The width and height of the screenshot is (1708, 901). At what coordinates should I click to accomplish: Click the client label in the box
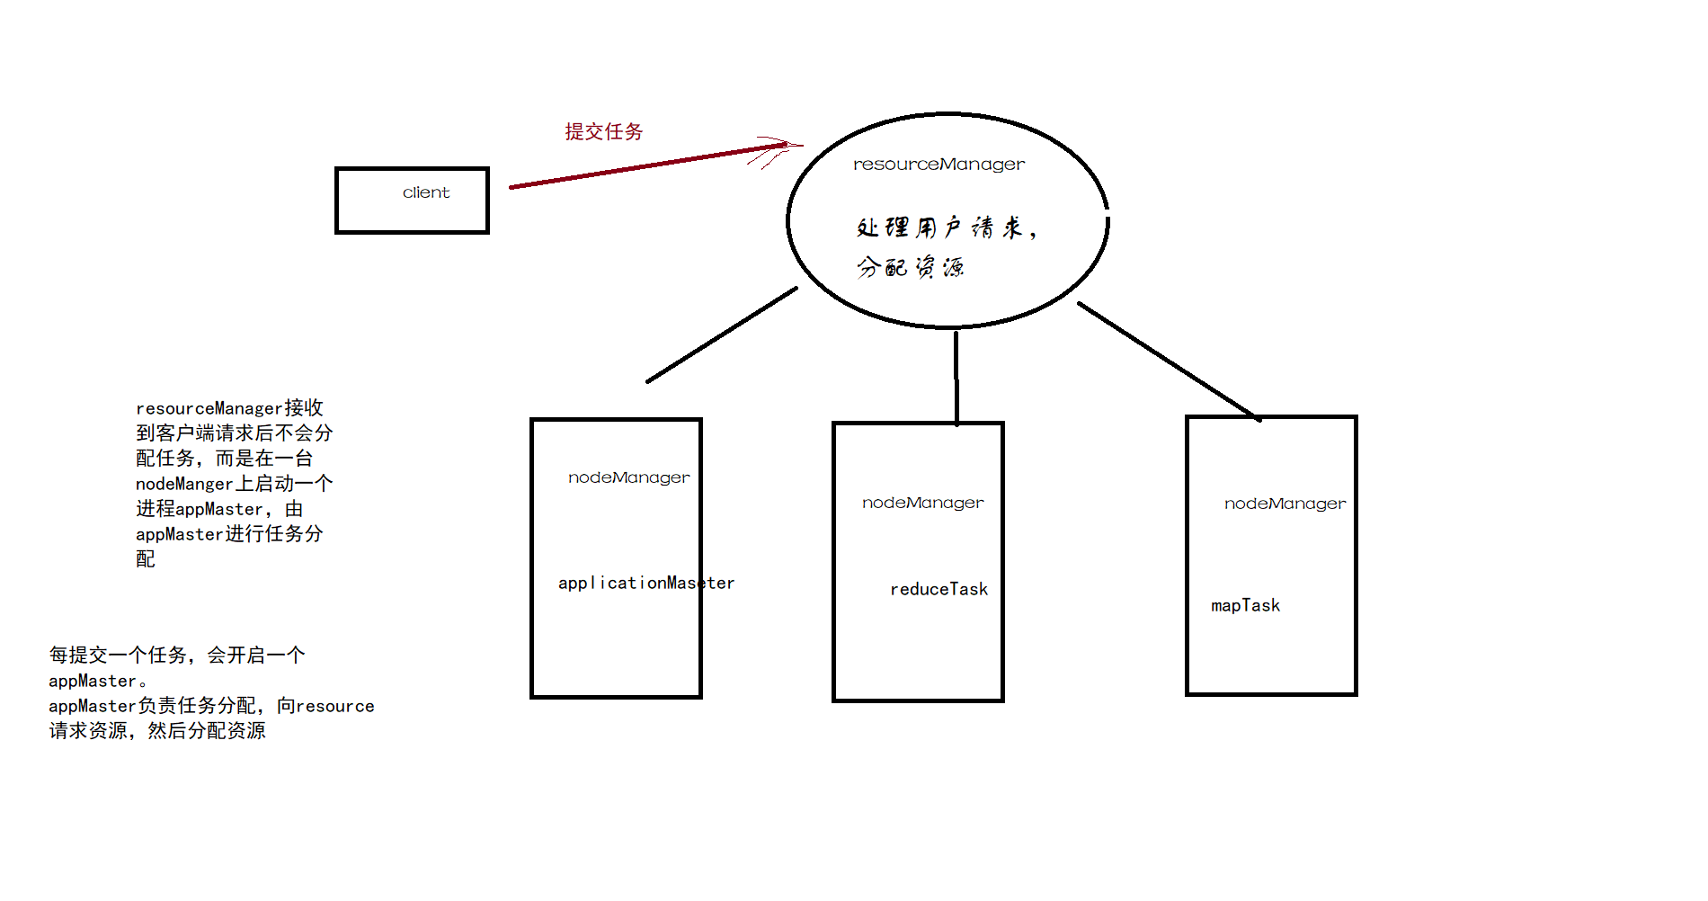(x=426, y=192)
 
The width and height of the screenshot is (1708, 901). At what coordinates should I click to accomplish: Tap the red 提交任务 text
(x=604, y=132)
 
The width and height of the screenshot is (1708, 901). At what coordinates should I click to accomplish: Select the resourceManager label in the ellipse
(x=939, y=165)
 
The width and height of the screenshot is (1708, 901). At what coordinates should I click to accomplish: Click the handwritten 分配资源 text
(x=910, y=267)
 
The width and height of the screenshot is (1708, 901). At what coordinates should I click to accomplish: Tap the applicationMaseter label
(x=645, y=583)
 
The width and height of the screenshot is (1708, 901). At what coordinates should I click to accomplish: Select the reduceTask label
(x=939, y=589)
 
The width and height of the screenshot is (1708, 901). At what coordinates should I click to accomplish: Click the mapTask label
(x=1245, y=605)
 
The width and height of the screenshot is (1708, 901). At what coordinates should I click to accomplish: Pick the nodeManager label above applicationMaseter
(x=629, y=477)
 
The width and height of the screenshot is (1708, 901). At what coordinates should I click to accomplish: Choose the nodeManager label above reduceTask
(x=923, y=503)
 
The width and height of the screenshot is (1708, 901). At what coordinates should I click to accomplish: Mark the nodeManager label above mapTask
(x=1285, y=504)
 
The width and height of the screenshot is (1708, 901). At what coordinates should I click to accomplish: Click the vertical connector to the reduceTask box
(x=956, y=378)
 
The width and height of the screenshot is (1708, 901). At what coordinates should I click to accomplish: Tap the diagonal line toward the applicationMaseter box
(x=721, y=335)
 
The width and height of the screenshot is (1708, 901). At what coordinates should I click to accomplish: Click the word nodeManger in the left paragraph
(x=184, y=484)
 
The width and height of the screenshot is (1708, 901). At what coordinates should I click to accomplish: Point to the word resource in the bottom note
(x=335, y=706)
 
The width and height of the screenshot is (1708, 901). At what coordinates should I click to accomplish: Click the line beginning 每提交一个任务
(x=177, y=656)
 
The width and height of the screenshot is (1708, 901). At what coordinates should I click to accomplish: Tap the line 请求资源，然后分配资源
(x=157, y=731)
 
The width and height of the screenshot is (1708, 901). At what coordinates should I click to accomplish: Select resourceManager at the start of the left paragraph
(x=209, y=408)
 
